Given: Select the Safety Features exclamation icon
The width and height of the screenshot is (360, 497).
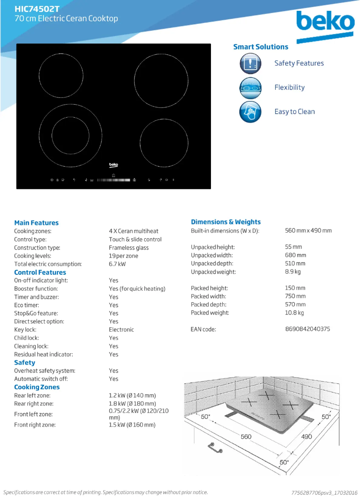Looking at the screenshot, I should pyautogui.click(x=250, y=63).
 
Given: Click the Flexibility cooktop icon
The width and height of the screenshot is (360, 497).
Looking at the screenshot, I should pyautogui.click(x=250, y=88).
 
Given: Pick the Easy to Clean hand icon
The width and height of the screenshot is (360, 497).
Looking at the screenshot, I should pyautogui.click(x=250, y=112).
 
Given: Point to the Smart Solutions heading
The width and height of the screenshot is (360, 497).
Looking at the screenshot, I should pyautogui.click(x=261, y=47).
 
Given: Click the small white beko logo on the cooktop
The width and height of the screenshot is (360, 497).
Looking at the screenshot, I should pyautogui.click(x=114, y=165).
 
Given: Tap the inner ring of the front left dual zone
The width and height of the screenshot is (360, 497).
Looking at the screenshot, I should pyautogui.click(x=70, y=134).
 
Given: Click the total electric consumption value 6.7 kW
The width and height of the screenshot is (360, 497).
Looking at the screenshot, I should pyautogui.click(x=117, y=264).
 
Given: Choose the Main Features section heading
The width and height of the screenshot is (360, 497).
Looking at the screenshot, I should pyautogui.click(x=36, y=223).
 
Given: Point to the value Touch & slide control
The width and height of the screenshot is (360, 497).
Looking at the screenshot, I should pyautogui.click(x=135, y=239).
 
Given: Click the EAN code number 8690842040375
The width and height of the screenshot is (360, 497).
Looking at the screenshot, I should pyautogui.click(x=307, y=329).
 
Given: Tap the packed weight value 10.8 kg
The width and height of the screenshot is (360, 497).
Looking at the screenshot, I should pyautogui.click(x=294, y=312).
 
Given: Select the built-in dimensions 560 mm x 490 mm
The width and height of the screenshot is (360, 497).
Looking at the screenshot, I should pyautogui.click(x=308, y=230).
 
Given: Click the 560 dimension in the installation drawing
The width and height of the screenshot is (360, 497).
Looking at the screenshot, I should pyautogui.click(x=246, y=436).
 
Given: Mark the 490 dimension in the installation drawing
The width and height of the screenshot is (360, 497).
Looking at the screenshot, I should pyautogui.click(x=306, y=436).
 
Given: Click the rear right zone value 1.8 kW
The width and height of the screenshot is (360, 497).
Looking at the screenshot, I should pyautogui.click(x=132, y=404).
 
